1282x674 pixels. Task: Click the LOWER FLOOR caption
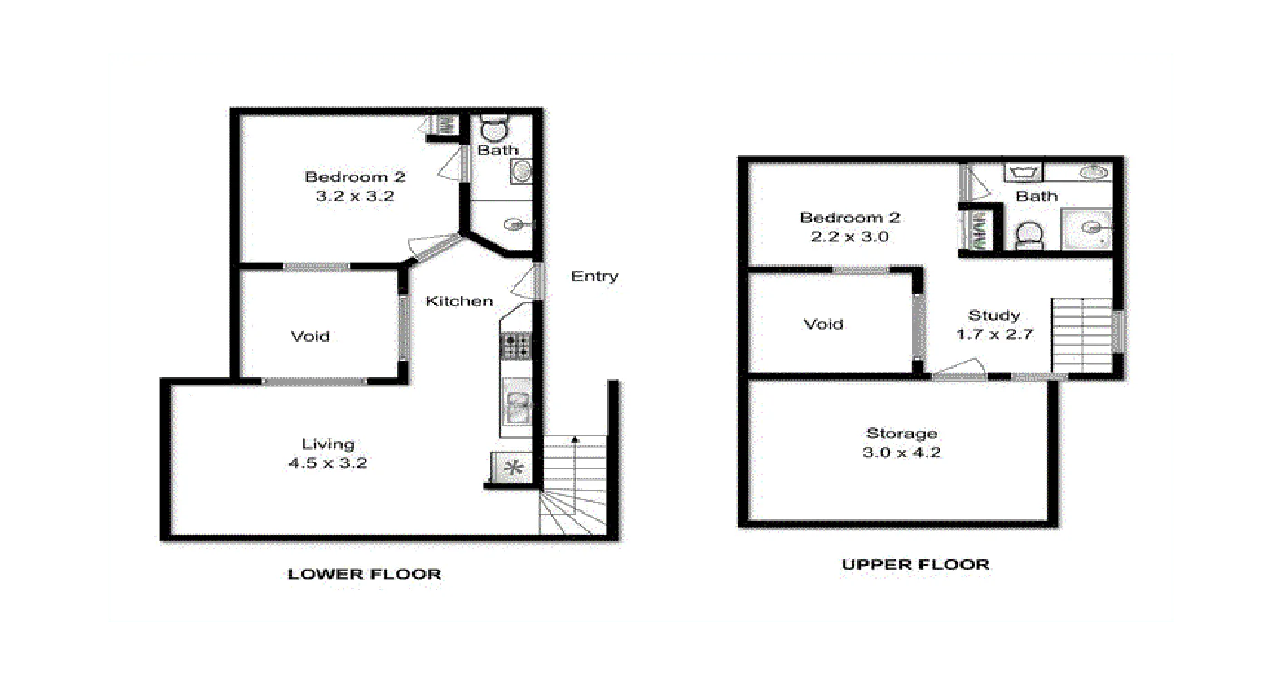[x=364, y=574]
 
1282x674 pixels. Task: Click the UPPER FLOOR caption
[x=915, y=564]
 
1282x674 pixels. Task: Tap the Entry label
[x=594, y=276]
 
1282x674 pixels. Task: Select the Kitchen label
[x=459, y=301]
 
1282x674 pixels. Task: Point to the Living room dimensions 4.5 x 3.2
[x=327, y=463]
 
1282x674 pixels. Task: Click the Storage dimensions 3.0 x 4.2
[x=901, y=452]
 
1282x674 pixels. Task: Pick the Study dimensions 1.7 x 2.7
[x=994, y=334]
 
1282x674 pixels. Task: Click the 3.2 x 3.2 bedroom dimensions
[x=355, y=196]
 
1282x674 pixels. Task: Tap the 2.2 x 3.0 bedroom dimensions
[x=850, y=237]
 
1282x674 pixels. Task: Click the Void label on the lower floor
[x=310, y=337]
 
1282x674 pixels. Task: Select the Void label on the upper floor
[x=823, y=325]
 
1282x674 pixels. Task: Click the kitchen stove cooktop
[x=515, y=346]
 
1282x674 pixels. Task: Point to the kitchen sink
[x=516, y=407]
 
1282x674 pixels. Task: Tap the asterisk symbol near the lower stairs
[x=513, y=468]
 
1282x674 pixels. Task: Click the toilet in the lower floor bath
[x=494, y=128]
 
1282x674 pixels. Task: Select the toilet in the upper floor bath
[x=1029, y=235]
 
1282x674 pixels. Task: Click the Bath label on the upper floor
[x=1036, y=196]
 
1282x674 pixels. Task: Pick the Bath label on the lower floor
[x=498, y=150]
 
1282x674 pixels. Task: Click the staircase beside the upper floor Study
[x=1081, y=336]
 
